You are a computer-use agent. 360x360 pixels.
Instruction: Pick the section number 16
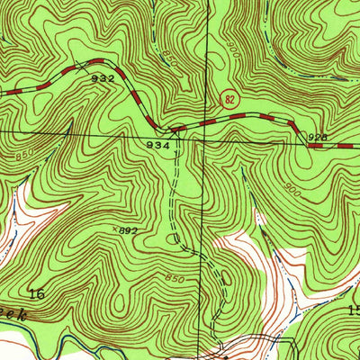tap(37, 294)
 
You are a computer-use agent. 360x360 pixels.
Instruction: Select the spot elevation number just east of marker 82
tap(316, 137)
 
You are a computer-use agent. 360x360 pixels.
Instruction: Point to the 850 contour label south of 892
tap(175, 279)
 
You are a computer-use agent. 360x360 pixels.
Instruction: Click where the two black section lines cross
tap(203, 140)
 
